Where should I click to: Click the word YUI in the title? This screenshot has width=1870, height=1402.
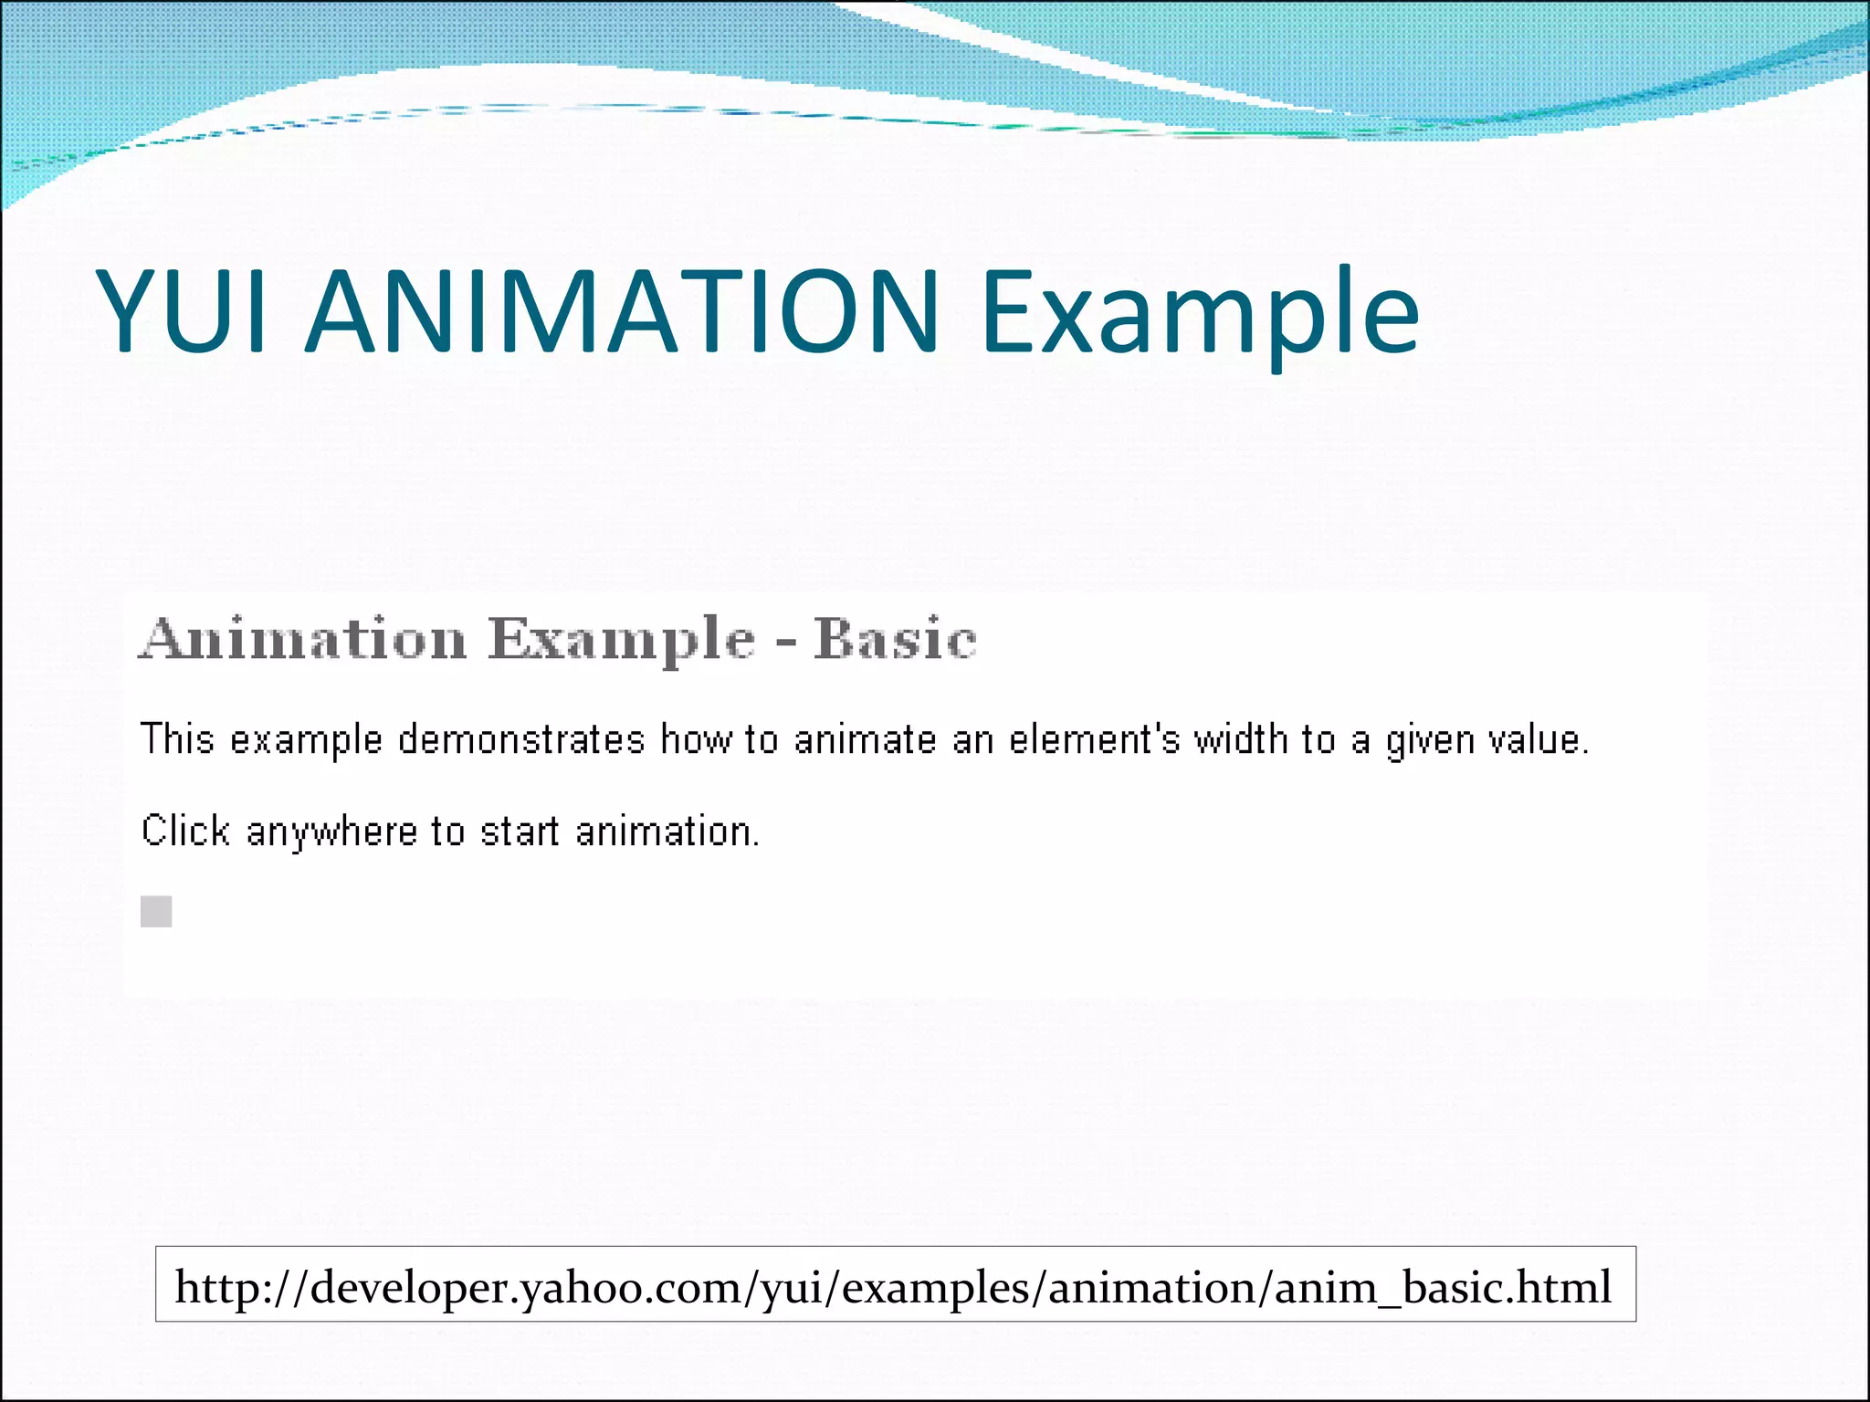point(183,312)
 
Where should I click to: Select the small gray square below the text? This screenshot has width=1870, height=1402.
point(156,911)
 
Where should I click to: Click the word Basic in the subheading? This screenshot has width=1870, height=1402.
point(895,639)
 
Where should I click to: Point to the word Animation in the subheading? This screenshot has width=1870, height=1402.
point(303,639)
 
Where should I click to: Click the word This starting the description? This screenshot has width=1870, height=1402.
point(177,739)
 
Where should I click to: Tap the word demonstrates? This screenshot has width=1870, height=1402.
point(521,739)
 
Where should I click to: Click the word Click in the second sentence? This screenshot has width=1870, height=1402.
point(185,832)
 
